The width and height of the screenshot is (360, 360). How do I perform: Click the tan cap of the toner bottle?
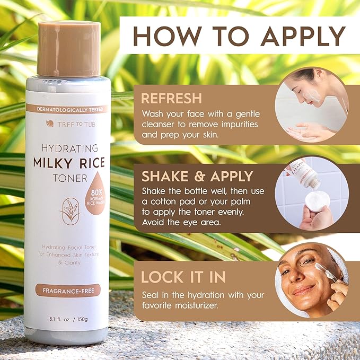click(x=68, y=49)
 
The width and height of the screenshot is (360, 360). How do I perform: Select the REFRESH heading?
click(x=171, y=98)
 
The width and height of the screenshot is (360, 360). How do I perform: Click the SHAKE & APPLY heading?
click(x=197, y=176)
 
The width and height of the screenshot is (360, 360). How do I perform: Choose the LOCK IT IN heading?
click(x=183, y=277)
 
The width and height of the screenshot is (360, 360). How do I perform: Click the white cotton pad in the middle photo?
click(x=317, y=201)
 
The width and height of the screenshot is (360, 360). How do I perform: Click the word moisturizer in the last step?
click(x=202, y=305)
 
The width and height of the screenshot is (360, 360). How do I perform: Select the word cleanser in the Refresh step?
click(x=160, y=125)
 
